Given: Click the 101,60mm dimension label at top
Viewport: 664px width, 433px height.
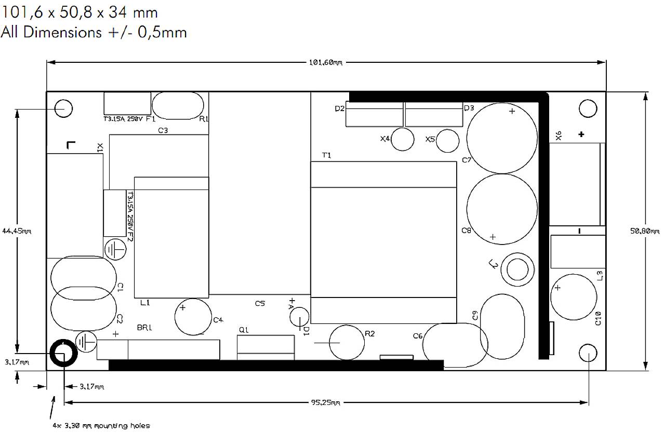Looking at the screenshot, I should point(326,63).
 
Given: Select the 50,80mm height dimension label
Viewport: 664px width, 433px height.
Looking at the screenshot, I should point(644,232).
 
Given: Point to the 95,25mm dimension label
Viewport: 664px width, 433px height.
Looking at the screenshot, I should point(326,403).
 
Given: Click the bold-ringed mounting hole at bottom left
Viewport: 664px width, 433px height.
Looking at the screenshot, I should point(63,354).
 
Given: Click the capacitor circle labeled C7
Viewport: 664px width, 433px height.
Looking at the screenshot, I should point(502,138).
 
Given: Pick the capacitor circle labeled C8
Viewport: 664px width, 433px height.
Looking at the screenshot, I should point(502,208).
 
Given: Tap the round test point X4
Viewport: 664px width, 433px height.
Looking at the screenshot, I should point(403,140).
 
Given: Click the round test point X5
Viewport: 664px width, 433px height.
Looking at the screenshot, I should point(448,141).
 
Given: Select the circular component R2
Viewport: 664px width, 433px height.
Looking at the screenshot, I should point(349,343).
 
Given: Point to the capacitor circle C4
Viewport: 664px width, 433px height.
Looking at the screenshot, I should point(193,318).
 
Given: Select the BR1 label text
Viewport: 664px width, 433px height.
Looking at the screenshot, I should point(144,328).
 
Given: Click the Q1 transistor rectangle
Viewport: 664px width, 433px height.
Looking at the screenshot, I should point(265,347).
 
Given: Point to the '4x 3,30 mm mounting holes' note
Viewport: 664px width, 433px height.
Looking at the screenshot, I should point(101,426).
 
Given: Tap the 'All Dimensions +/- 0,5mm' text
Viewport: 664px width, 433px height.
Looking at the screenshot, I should point(94,32).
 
